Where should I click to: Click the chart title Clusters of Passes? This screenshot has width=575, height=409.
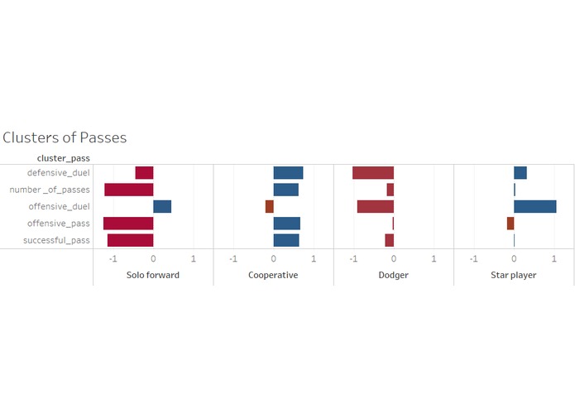[x=65, y=137]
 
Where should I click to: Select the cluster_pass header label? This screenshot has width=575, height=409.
[x=64, y=157]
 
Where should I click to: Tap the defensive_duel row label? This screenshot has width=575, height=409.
[x=58, y=173]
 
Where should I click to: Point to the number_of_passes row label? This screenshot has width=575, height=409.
[x=49, y=190]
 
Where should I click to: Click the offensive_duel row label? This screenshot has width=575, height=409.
[x=59, y=207]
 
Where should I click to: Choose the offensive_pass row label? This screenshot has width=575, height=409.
[x=58, y=224]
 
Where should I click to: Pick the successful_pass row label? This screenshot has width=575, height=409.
[x=56, y=240]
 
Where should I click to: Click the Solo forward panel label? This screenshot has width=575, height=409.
[x=152, y=275]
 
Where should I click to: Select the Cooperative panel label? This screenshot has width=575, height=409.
[x=273, y=275]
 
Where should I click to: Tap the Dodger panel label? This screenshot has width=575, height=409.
[x=393, y=275]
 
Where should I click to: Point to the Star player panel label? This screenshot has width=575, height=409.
[x=513, y=275]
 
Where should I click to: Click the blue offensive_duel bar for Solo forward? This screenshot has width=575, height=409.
[x=162, y=207]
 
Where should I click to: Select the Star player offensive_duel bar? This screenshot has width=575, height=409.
[x=534, y=207]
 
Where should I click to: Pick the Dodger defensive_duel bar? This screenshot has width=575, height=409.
[x=373, y=173]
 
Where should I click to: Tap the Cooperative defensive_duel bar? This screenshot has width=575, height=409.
[x=288, y=173]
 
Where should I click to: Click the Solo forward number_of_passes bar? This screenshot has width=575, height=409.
[x=129, y=190]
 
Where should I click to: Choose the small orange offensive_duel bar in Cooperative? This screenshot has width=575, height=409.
[x=269, y=207]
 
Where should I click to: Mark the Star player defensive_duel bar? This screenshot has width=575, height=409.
[x=520, y=173]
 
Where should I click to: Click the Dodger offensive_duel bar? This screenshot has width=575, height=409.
[x=376, y=207]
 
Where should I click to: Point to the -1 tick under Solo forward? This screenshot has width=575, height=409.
[x=113, y=257]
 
